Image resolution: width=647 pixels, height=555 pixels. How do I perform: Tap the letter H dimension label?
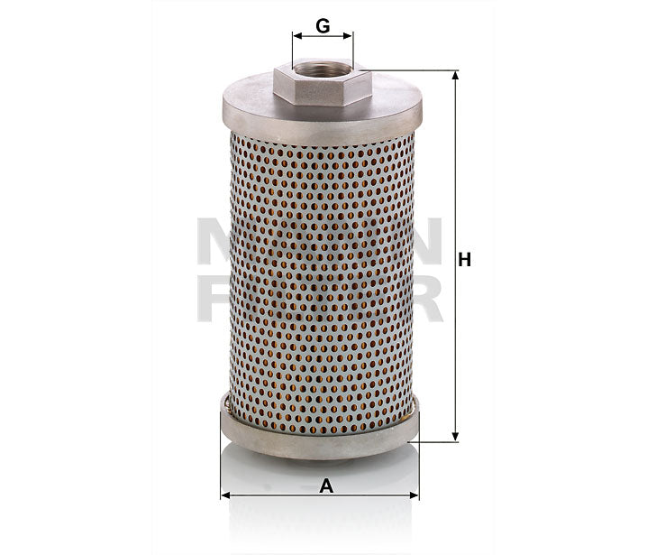(x=465, y=260)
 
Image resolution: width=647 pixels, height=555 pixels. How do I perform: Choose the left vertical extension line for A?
(x=221, y=478)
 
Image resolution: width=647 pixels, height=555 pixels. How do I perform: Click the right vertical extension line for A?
(x=419, y=478)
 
